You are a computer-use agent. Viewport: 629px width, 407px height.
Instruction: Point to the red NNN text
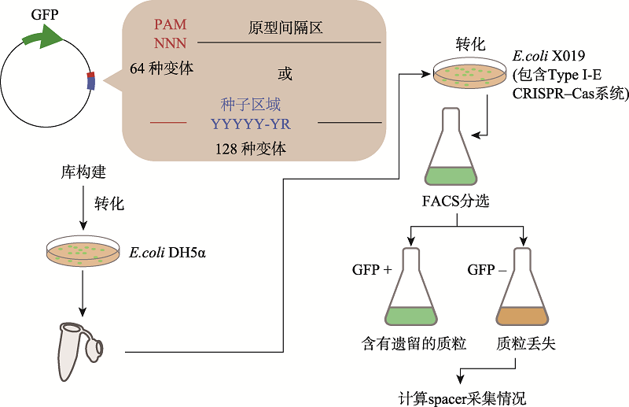[171, 43]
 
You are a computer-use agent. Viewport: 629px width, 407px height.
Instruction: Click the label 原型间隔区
[285, 29]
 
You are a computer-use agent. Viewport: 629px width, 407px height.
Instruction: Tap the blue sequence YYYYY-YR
[253, 123]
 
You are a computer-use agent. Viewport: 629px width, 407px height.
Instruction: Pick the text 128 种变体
[252, 148]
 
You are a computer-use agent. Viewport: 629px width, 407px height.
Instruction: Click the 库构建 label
[83, 171]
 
